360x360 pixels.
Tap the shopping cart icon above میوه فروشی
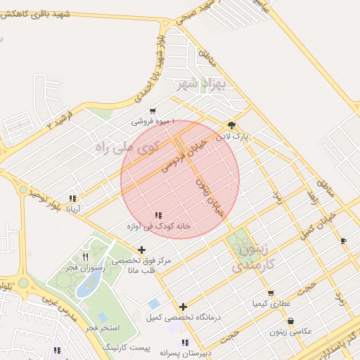pos(153,111)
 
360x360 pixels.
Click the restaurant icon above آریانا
pos(72,198)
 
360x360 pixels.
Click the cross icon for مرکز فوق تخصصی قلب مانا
pos(142,250)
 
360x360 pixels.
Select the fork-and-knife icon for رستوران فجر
pos(86,257)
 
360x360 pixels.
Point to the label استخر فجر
pos(103,328)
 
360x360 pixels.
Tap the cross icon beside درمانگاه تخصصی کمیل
pos(183,307)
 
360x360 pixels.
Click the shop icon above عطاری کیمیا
pos(271,293)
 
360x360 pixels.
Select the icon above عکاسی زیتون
pos(290,321)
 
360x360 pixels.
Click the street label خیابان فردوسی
pos(184,155)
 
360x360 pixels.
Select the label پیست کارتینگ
pos(127,348)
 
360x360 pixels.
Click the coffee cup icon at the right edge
pos(343,241)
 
